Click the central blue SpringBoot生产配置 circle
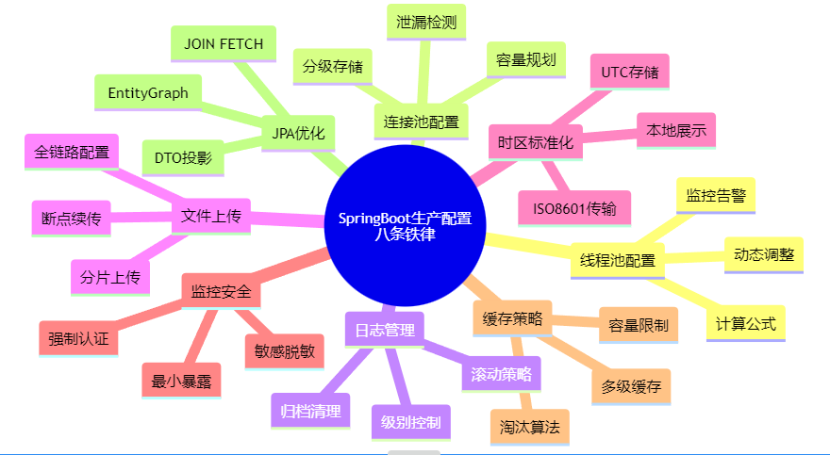pos(405,226)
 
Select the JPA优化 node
pos(298,134)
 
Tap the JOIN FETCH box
pos(224,43)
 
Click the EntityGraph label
pos(148,92)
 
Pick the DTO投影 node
pos(183,157)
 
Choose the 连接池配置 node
pos(421,122)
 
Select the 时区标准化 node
pos(535,142)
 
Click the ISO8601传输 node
pos(574,208)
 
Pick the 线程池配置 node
pos(618,261)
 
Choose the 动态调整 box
pos(764,254)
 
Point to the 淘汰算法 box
pos(529,427)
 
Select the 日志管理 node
pos(384,331)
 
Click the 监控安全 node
pos(221,292)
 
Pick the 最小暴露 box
pos(181,381)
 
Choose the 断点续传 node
pos(72,219)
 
